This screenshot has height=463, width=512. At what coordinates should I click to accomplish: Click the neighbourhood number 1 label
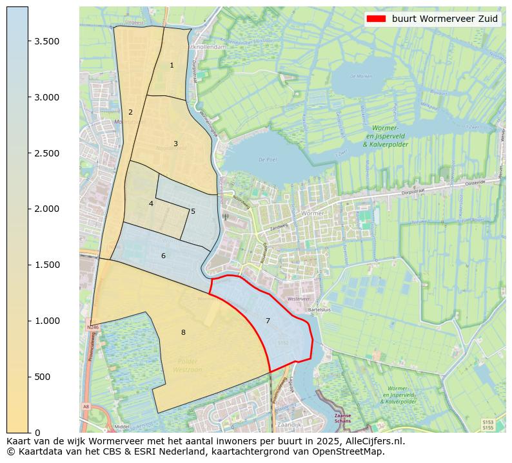click(x=172, y=66)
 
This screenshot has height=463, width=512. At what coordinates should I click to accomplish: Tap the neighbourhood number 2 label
click(x=130, y=112)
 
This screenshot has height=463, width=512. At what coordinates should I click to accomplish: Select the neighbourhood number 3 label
click(x=175, y=144)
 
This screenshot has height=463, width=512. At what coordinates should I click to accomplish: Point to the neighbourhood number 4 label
click(x=151, y=203)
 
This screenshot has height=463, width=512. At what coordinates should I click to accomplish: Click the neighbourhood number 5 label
click(x=193, y=211)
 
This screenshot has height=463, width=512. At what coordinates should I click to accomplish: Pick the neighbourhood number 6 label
click(x=163, y=256)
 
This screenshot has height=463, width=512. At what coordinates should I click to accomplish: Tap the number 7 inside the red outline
click(x=268, y=321)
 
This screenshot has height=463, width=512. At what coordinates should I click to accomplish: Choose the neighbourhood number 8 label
click(x=183, y=332)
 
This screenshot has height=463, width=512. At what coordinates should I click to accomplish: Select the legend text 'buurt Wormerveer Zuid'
click(x=445, y=19)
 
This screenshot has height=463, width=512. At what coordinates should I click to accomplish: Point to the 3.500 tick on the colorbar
click(x=47, y=41)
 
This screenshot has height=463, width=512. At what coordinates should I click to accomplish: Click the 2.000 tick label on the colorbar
click(x=47, y=209)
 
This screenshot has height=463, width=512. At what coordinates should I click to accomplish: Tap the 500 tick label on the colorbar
click(x=43, y=377)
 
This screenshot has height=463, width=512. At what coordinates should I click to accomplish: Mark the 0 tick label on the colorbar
click(x=37, y=432)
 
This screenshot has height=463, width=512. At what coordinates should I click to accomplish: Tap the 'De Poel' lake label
click(x=267, y=160)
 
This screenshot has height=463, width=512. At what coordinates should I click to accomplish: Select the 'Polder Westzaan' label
click(x=188, y=366)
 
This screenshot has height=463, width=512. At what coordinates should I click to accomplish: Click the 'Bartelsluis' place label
click(x=320, y=310)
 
